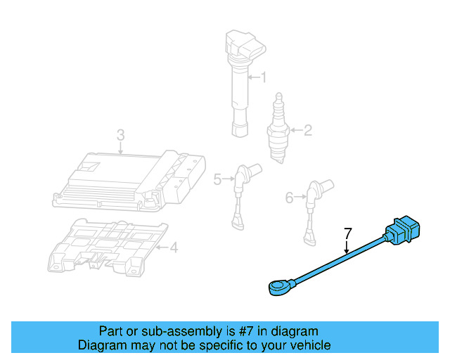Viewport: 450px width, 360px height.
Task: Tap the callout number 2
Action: [x=307, y=129]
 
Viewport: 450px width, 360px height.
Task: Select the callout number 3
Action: [x=120, y=134]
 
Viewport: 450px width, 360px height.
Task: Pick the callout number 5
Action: [x=217, y=180]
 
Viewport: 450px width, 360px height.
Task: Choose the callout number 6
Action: [x=289, y=198]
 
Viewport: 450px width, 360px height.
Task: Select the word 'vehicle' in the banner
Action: [x=308, y=345]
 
